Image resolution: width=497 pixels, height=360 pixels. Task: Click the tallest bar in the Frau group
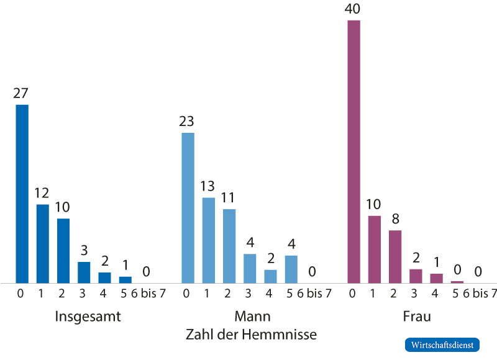(x=353, y=151)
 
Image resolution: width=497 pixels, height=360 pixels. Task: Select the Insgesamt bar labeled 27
(x=22, y=193)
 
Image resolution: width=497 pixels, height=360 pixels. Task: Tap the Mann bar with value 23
(x=188, y=208)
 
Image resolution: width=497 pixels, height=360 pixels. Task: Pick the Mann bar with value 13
(x=208, y=240)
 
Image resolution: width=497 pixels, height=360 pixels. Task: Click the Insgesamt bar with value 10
(x=63, y=251)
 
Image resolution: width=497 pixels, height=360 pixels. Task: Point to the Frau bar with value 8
(x=395, y=256)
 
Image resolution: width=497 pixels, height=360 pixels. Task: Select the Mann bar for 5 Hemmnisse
(x=291, y=269)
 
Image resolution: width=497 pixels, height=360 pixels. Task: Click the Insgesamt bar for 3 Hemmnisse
(x=84, y=272)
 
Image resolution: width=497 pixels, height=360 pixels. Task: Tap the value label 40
(x=353, y=9)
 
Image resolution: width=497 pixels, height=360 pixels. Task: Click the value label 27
(x=21, y=94)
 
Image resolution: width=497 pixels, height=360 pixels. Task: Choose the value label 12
(x=42, y=193)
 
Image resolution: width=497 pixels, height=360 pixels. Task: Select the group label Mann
(x=252, y=317)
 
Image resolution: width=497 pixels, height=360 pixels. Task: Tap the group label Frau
(x=416, y=317)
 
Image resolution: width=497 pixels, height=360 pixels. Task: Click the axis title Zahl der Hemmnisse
(x=251, y=335)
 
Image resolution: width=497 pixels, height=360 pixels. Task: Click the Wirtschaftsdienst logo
(x=442, y=344)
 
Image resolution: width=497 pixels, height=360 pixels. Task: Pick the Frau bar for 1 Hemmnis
(x=374, y=249)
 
